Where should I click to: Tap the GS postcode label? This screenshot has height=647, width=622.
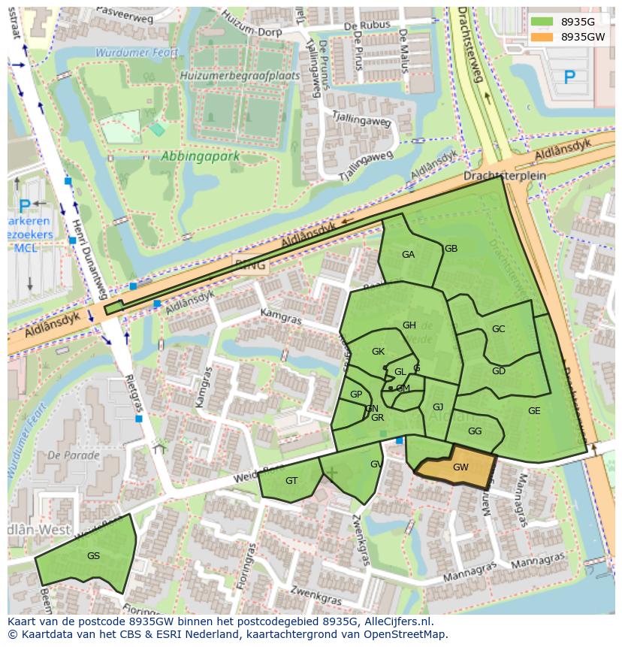tap(93, 556)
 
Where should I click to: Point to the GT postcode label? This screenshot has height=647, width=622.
tap(291, 481)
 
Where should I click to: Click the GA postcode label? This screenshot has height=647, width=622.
tap(408, 255)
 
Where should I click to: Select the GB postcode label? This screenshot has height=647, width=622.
tap(451, 249)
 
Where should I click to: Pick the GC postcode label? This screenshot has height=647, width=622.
tap(498, 329)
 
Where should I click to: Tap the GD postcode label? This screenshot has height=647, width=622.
tap(498, 371)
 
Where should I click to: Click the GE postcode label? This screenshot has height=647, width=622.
tap(534, 411)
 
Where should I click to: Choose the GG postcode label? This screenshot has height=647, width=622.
tap(475, 431)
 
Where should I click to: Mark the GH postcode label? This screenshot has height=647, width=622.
tap(409, 325)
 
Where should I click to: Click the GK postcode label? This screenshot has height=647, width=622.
tap(378, 352)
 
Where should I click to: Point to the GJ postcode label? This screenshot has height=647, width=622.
tap(438, 407)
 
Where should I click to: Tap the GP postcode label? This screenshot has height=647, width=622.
tap(356, 395)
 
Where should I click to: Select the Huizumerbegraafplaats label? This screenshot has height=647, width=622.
tap(240, 76)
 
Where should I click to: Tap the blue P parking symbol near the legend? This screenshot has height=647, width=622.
tap(569, 77)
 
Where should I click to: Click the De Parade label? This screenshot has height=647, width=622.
tap(73, 455)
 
